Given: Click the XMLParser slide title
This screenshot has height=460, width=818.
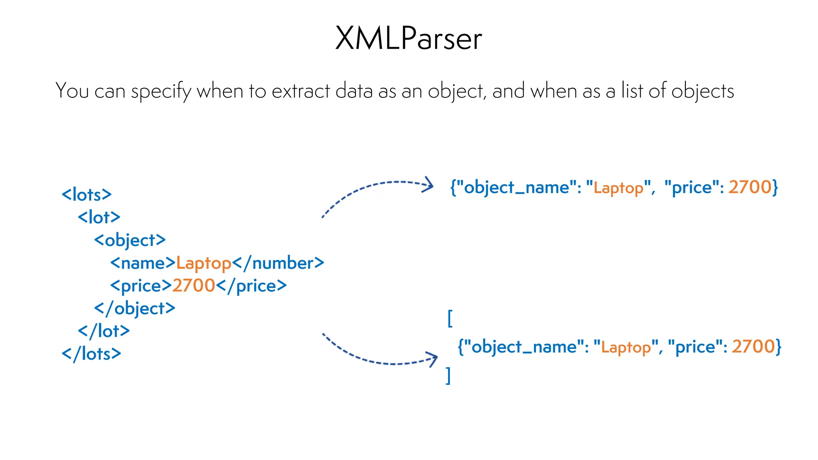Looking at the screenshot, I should [x=409, y=38].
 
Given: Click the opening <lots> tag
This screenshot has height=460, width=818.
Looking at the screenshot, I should [x=87, y=195].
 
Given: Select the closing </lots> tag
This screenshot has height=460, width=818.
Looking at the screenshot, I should [x=91, y=354].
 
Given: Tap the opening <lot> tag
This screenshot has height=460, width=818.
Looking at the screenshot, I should [x=99, y=218].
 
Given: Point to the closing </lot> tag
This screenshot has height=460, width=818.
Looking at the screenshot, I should [x=104, y=331].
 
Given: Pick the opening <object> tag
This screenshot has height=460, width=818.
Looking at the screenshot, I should [x=130, y=240].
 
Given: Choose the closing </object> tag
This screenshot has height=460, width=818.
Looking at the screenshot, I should [x=135, y=309].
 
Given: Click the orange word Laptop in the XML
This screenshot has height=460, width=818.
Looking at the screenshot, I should [x=204, y=264].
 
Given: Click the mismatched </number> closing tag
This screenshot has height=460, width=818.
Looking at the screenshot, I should [x=278, y=263].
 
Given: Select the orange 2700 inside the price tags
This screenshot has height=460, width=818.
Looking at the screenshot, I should [x=194, y=286].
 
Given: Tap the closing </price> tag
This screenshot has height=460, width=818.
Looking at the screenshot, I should [x=251, y=286].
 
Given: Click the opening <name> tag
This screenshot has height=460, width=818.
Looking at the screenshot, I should [x=143, y=263].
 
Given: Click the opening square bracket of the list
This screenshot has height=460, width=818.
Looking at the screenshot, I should [x=450, y=318].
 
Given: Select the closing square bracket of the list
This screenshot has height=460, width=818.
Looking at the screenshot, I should [x=449, y=376].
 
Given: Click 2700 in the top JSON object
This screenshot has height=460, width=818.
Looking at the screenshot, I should [x=750, y=187].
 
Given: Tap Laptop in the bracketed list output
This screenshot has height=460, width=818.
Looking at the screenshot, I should [x=626, y=347].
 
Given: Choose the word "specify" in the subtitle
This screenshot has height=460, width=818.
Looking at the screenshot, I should [x=161, y=91].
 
